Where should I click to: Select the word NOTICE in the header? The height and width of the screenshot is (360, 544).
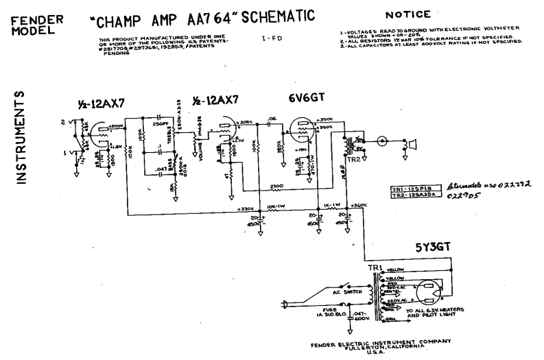point(407,14)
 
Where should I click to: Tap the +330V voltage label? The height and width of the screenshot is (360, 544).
point(246,208)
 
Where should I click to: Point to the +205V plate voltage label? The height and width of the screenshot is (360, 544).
point(245,121)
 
